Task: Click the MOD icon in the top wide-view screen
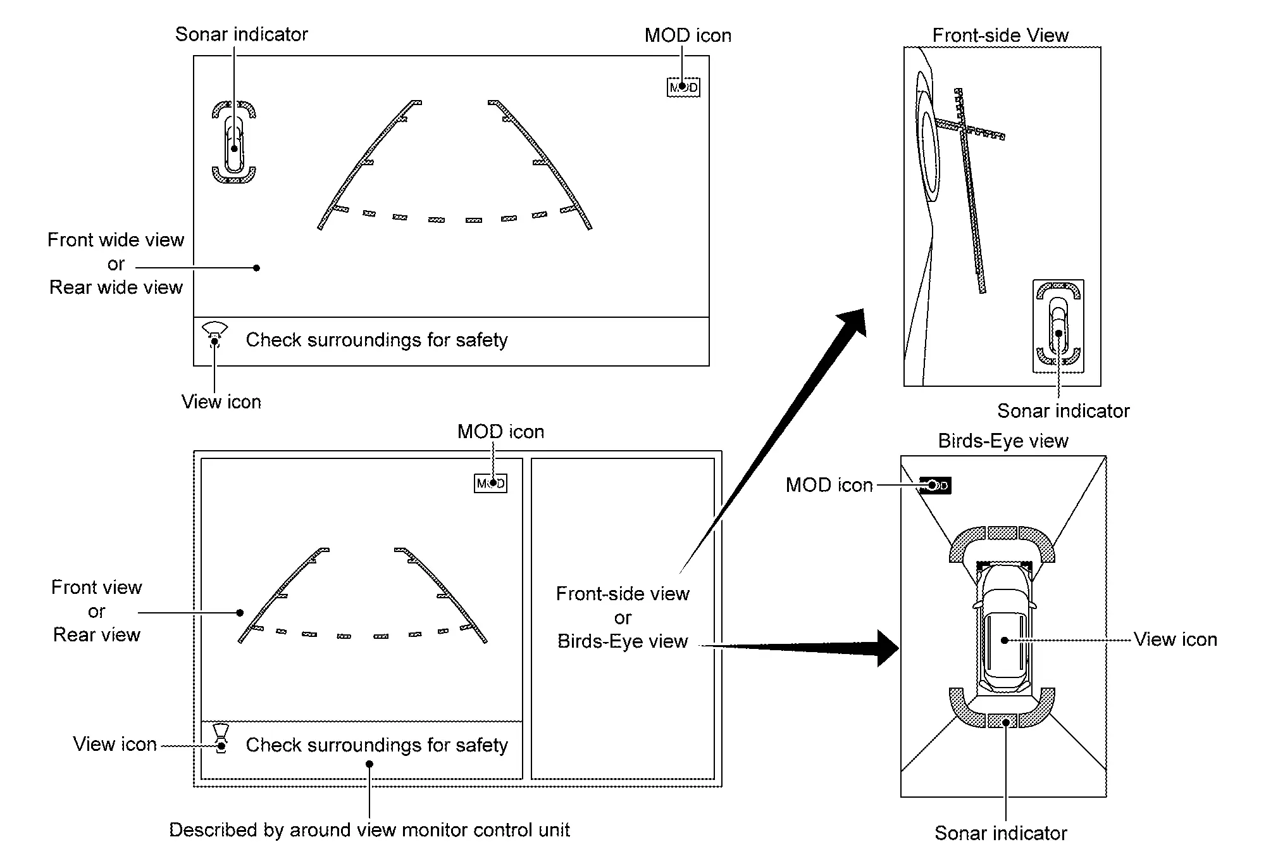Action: pyautogui.click(x=683, y=87)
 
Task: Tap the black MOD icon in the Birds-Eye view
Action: pyautogui.click(x=935, y=486)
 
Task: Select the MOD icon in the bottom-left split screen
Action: pyautogui.click(x=491, y=484)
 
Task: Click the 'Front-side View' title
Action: pyautogui.click(x=1000, y=35)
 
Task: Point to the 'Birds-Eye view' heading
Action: pyautogui.click(x=1003, y=441)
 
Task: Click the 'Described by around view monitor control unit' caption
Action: pyautogui.click(x=369, y=830)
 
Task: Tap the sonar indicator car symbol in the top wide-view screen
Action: pyautogui.click(x=234, y=142)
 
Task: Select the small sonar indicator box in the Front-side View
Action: pyautogui.click(x=1058, y=326)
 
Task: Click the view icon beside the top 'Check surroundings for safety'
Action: pyautogui.click(x=215, y=335)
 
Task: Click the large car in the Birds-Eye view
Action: pyautogui.click(x=1005, y=627)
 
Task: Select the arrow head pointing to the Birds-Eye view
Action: pyautogui.click(x=887, y=648)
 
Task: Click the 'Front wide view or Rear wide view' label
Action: pyautogui.click(x=116, y=263)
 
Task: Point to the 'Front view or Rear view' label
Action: pyautogui.click(x=97, y=611)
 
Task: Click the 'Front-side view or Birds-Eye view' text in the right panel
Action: pyautogui.click(x=623, y=617)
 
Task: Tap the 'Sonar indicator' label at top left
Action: pyautogui.click(x=242, y=34)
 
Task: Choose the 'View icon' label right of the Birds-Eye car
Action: pyautogui.click(x=1176, y=639)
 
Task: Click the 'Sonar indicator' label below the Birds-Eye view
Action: pyautogui.click(x=1001, y=833)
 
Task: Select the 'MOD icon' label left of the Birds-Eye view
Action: pyautogui.click(x=829, y=485)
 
